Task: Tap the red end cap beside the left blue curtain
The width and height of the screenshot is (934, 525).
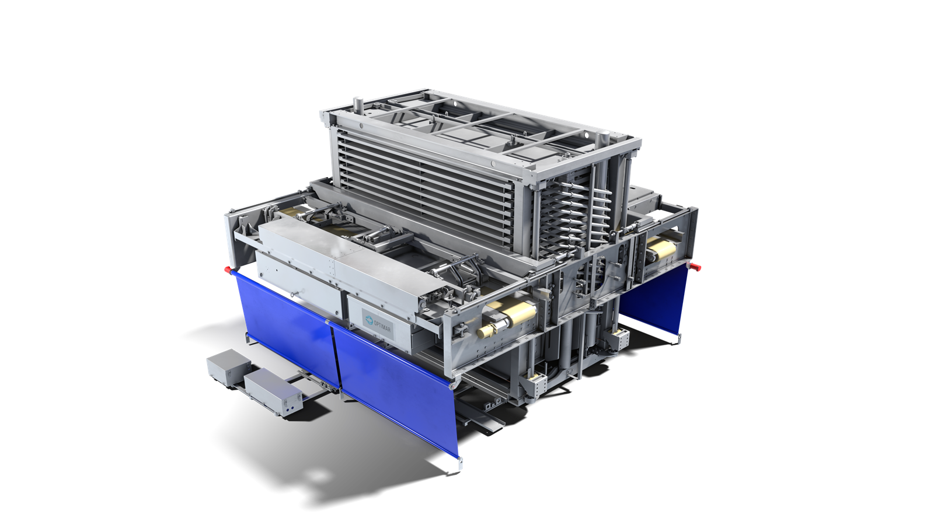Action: (229, 269)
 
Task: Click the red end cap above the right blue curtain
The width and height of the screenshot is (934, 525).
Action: (695, 266)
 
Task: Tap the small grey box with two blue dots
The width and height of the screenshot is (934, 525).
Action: (273, 391)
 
